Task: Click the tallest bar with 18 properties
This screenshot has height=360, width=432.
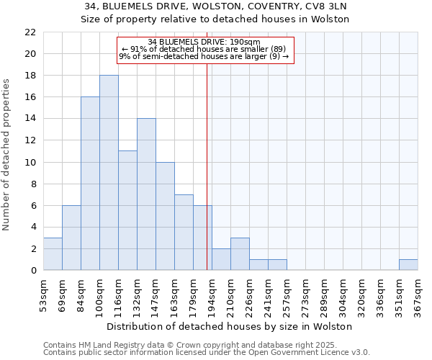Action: [109, 173]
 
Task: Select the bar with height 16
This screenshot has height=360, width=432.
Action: [90, 184]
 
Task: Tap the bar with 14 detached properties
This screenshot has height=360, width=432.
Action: [146, 194]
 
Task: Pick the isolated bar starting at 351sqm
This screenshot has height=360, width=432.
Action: [408, 264]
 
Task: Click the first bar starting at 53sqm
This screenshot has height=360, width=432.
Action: [53, 253]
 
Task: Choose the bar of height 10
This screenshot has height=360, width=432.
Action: [165, 216]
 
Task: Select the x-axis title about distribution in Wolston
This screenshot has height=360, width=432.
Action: [230, 326]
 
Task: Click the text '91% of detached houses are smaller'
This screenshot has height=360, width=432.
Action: [204, 49]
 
